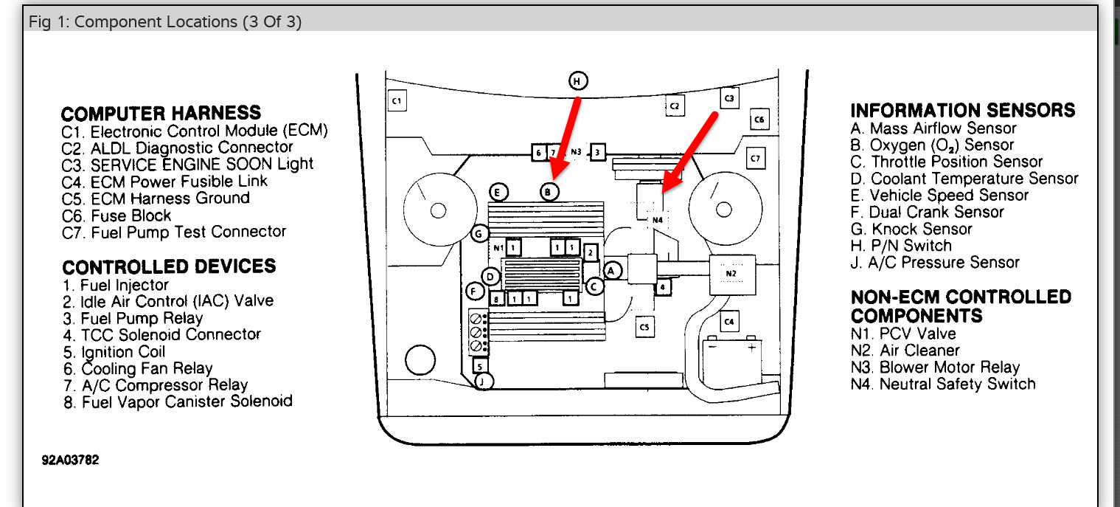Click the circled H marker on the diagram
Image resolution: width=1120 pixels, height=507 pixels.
click(x=578, y=81)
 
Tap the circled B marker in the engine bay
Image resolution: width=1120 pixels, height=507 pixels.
click(x=548, y=192)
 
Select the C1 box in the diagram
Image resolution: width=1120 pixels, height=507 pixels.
click(x=397, y=100)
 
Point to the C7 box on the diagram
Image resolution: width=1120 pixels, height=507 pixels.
click(x=756, y=158)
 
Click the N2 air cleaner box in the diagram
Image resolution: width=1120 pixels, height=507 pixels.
click(x=731, y=273)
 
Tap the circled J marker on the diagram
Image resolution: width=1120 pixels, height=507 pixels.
click(x=483, y=382)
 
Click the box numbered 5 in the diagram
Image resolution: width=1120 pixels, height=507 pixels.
click(x=479, y=365)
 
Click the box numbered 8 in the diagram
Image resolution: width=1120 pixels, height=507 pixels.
click(x=498, y=298)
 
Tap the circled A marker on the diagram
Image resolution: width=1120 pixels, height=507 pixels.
click(x=611, y=271)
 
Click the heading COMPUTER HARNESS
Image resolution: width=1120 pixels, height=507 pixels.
click(x=161, y=114)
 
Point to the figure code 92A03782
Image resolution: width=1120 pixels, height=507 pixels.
click(x=70, y=460)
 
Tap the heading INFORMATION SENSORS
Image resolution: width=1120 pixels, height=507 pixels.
click(x=962, y=111)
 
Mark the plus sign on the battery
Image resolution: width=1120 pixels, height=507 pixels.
click(x=751, y=346)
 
